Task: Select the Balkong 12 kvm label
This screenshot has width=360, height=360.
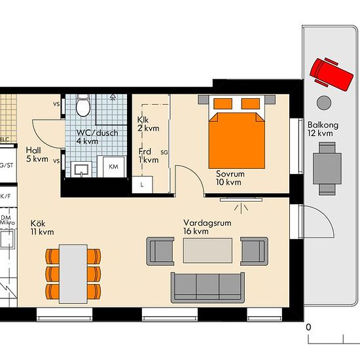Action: pyautogui.click(x=320, y=129)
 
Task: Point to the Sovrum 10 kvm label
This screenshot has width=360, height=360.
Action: pyautogui.click(x=228, y=178)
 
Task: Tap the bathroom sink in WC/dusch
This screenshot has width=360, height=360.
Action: pyautogui.click(x=81, y=169)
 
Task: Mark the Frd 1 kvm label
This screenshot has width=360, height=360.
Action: pyautogui.click(x=149, y=156)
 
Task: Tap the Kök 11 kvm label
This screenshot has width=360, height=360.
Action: pyautogui.click(x=41, y=227)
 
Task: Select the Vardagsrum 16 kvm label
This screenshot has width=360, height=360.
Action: pyautogui.click(x=205, y=226)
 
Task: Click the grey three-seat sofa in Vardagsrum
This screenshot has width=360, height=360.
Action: pyautogui.click(x=207, y=287)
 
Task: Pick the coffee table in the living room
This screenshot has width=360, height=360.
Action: pyautogui.click(x=207, y=249)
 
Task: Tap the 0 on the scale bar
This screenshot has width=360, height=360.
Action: pyautogui.click(x=308, y=327)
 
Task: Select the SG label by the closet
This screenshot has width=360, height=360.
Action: pyautogui.click(x=164, y=152)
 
